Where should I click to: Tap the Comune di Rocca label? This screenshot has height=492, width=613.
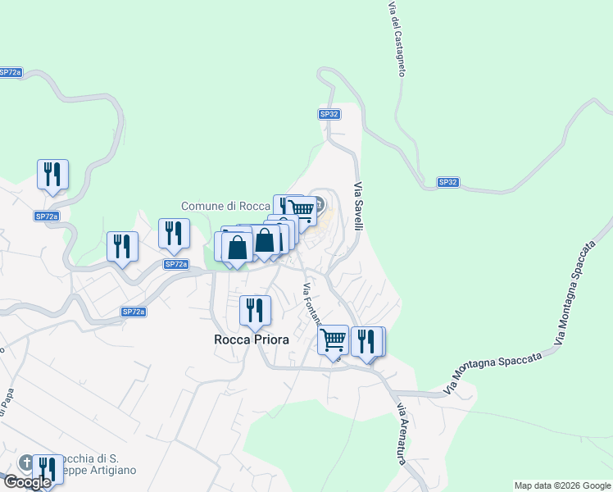[225, 206]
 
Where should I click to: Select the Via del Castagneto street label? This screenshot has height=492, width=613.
[397, 39]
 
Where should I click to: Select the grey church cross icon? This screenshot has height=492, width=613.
[27, 462]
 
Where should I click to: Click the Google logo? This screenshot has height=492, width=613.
[27, 481]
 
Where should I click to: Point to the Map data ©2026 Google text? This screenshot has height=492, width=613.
[563, 485]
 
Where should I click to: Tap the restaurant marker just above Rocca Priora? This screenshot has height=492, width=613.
[255, 310]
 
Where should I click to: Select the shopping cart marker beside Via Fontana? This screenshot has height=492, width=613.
[333, 339]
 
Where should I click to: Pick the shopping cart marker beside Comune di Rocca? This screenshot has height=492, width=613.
[302, 210]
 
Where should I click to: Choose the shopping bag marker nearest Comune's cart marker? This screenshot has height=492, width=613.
[266, 240]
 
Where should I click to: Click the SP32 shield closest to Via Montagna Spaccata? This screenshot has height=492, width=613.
[447, 182]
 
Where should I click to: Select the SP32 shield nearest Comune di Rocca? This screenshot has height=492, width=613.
[329, 114]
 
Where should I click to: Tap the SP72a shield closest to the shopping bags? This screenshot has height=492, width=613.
[175, 264]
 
